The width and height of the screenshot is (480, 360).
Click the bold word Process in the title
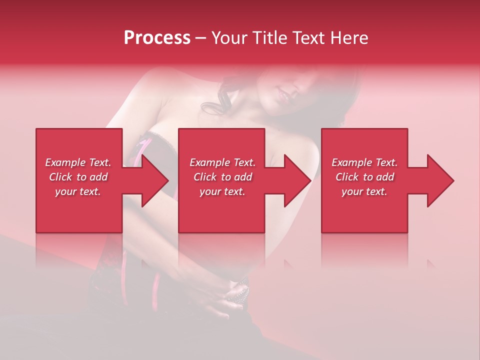click(157, 38)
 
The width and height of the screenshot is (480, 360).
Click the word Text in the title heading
click(309, 38)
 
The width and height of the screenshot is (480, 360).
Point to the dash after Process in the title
click(200, 38)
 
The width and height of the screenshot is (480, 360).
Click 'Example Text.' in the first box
click(78, 162)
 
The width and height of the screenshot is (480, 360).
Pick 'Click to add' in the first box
click(78, 177)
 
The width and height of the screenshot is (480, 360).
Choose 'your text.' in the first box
click(78, 191)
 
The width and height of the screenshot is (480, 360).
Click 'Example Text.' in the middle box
click(222, 162)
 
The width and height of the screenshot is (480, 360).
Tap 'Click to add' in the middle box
click(222, 177)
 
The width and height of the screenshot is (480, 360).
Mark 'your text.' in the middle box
click(222, 191)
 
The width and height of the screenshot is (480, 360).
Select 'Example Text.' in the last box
click(364, 162)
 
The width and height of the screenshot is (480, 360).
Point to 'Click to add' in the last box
click(364, 177)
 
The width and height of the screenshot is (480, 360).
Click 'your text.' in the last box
click(364, 191)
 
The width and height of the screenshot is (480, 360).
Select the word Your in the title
click(228, 38)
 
